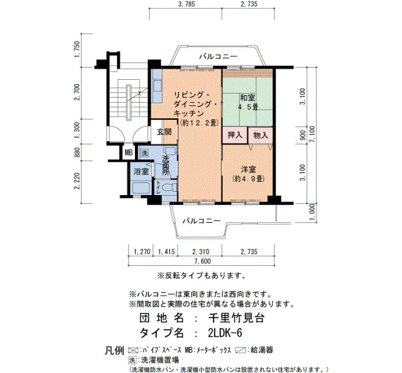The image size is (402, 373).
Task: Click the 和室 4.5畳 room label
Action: (248, 103)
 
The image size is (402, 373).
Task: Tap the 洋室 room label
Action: (248, 170)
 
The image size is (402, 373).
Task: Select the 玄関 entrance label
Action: (164, 132)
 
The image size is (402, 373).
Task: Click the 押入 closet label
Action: (234, 135)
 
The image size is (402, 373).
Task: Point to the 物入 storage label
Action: (261, 135)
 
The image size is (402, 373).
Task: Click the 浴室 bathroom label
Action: (141, 172)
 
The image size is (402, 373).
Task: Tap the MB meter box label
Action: (129, 153)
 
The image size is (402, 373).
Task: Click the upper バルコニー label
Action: (218, 56)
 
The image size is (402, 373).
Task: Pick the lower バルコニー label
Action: (202, 221)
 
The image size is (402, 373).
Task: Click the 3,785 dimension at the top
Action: (186, 4)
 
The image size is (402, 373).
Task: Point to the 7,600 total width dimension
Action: (203, 261)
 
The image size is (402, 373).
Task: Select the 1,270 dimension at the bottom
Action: (142, 252)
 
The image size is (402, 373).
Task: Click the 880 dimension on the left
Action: (77, 153)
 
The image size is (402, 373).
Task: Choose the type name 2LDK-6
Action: (225, 333)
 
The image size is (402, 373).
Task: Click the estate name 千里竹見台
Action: (236, 318)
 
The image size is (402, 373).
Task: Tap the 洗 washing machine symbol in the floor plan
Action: (145, 153)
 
